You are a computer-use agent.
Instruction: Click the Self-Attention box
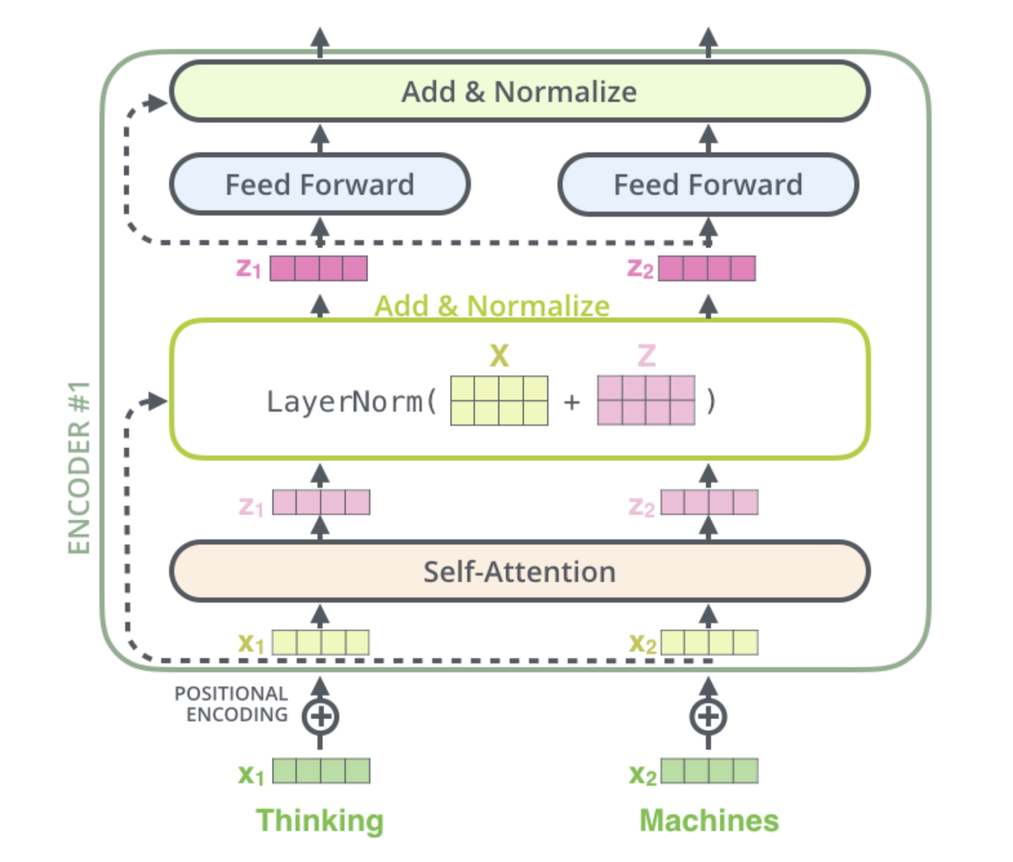[x=519, y=572]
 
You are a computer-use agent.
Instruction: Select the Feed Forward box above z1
[x=320, y=185]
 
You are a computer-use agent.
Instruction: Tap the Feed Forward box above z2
[x=708, y=185]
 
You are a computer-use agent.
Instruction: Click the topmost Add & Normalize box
[x=519, y=91]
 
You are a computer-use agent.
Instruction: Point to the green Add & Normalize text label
[x=492, y=306]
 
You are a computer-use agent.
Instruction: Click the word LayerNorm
[x=345, y=402]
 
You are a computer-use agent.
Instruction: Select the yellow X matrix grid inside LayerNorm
[x=499, y=401]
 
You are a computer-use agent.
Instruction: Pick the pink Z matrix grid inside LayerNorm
[x=646, y=401]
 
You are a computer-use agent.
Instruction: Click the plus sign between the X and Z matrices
[x=572, y=403]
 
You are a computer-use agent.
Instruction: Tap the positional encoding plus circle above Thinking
[x=320, y=717]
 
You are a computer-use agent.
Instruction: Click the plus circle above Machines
[x=708, y=717]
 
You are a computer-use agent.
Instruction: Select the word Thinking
[x=319, y=821]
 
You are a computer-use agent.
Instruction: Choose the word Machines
[x=709, y=820]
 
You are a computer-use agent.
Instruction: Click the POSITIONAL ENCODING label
[x=232, y=704]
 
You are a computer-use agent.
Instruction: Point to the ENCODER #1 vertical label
[x=79, y=468]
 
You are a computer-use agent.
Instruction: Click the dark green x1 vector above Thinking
[x=321, y=771]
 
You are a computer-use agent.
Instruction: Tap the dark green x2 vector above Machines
[x=710, y=771]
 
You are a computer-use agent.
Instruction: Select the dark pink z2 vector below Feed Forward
[x=707, y=268]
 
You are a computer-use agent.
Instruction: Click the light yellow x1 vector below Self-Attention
[x=321, y=643]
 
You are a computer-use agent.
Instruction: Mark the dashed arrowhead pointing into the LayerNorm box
[x=156, y=401]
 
